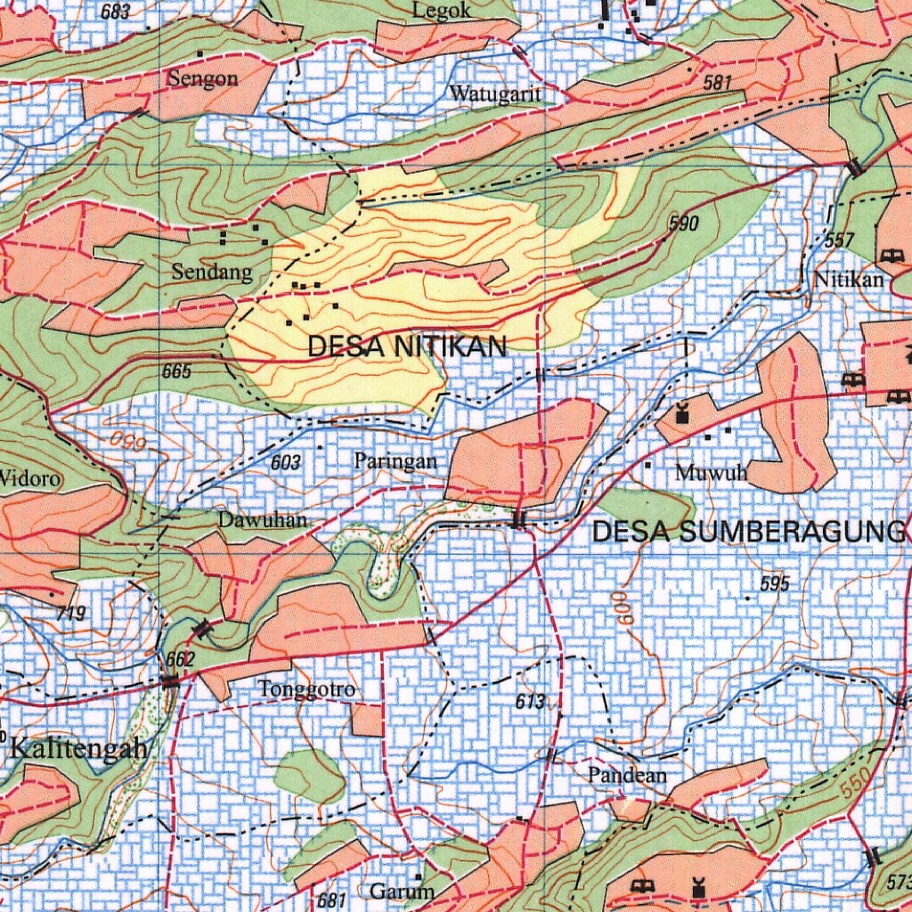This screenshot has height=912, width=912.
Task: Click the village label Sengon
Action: pyautogui.click(x=203, y=78)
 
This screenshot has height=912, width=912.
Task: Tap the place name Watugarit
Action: pyautogui.click(x=495, y=94)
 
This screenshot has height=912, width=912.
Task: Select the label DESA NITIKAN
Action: pyautogui.click(x=407, y=346)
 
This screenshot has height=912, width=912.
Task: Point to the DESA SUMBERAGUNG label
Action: pyautogui.click(x=748, y=532)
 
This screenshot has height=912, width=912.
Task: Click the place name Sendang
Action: pyautogui.click(x=212, y=273)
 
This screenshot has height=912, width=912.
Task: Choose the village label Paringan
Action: pyautogui.click(x=395, y=461)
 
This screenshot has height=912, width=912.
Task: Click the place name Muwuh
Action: pyautogui.click(x=711, y=473)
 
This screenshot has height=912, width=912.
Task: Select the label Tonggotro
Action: pyautogui.click(x=307, y=689)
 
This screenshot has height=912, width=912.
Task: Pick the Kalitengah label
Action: pyautogui.click(x=78, y=747)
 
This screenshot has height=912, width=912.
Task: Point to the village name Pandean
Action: pyautogui.click(x=627, y=776)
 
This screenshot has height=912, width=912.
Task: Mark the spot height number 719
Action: pyautogui.click(x=70, y=613)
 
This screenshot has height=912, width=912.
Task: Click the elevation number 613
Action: pyautogui.click(x=530, y=702)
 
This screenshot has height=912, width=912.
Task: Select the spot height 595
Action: pyautogui.click(x=775, y=584)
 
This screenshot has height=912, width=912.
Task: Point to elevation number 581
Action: pyautogui.click(x=716, y=84)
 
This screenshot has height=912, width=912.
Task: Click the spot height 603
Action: pyautogui.click(x=286, y=462)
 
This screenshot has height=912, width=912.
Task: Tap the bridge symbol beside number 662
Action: pyautogui.click(x=170, y=681)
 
